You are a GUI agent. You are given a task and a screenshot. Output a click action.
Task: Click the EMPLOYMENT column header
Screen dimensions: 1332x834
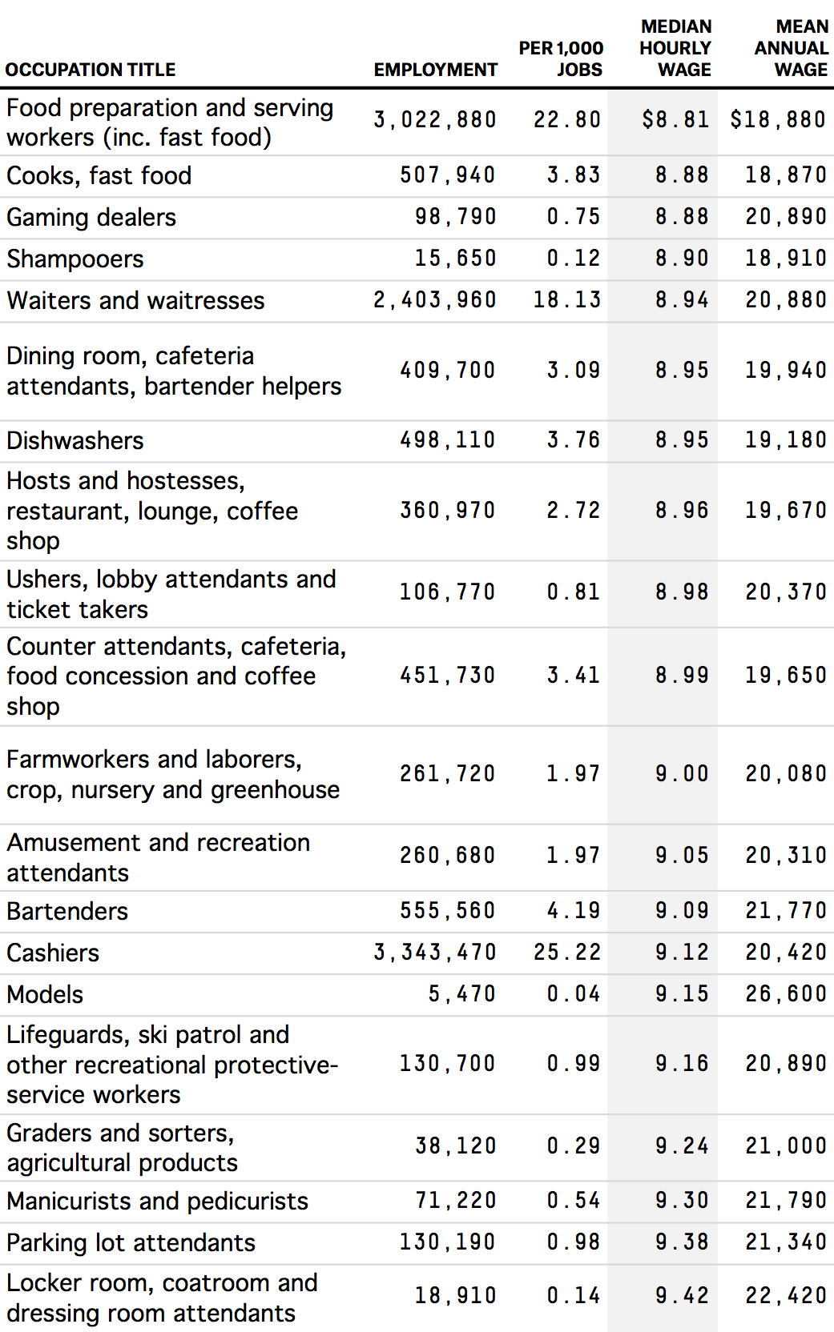click(x=435, y=70)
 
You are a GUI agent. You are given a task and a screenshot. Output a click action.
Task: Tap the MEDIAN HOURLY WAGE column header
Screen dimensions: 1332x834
click(x=675, y=48)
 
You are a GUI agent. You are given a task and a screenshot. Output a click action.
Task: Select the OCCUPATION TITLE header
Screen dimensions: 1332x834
click(x=91, y=70)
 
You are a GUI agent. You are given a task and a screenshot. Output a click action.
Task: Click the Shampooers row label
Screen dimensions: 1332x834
click(x=75, y=259)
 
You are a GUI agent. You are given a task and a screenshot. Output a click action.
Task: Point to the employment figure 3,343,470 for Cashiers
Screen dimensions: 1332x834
click(x=435, y=952)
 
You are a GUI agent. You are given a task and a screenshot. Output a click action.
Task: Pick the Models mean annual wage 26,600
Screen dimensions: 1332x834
click(x=785, y=993)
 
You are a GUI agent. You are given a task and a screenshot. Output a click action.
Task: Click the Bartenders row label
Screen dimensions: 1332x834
click(x=67, y=911)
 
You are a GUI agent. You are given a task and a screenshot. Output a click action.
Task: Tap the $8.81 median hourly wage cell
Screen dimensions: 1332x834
click(x=675, y=120)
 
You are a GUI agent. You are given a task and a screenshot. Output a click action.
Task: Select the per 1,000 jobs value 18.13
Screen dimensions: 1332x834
click(x=567, y=299)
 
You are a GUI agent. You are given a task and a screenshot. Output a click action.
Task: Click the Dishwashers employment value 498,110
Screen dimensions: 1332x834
click(x=448, y=439)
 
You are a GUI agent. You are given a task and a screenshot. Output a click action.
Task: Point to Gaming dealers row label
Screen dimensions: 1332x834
click(x=91, y=217)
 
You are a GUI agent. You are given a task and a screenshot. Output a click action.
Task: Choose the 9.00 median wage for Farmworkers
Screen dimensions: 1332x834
click(x=682, y=773)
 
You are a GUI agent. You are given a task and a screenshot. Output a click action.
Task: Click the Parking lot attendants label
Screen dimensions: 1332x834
click(x=131, y=1242)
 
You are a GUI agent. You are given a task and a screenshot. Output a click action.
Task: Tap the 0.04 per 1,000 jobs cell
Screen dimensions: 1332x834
click(x=574, y=993)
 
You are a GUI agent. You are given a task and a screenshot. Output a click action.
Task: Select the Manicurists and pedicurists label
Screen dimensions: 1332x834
click(x=158, y=1201)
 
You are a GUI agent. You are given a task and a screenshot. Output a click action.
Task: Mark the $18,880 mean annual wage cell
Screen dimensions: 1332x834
click(x=777, y=120)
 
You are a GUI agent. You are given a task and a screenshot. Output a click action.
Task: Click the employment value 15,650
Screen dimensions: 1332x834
click(x=455, y=258)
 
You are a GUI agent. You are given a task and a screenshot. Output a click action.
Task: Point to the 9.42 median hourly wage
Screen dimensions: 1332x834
click(x=682, y=1295)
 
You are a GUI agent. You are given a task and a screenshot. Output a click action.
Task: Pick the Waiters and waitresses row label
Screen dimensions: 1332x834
click(x=135, y=300)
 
